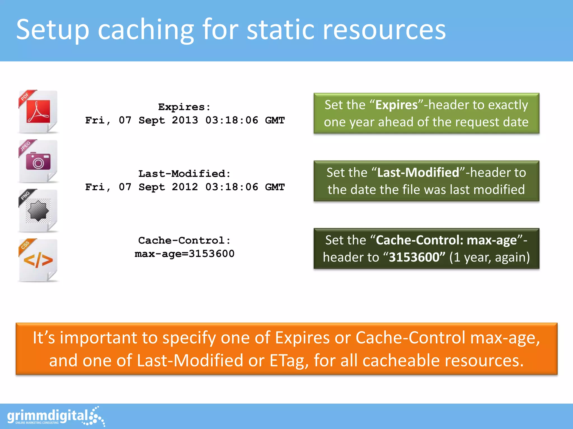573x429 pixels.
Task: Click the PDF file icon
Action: click(x=38, y=112)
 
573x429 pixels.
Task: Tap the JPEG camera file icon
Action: click(x=38, y=161)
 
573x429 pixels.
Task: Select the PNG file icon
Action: click(x=38, y=211)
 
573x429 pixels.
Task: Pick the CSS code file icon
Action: click(x=38, y=260)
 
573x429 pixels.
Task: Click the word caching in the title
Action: click(x=145, y=30)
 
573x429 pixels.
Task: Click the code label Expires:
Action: click(x=184, y=107)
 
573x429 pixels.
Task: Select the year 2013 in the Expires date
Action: click(x=185, y=120)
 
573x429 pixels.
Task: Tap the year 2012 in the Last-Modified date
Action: click(x=185, y=187)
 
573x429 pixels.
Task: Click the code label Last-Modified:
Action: click(x=184, y=174)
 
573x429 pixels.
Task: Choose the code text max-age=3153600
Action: click(x=184, y=254)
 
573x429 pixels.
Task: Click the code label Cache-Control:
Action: click(x=184, y=240)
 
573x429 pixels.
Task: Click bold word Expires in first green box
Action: click(x=396, y=105)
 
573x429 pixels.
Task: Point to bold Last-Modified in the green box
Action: click(x=418, y=173)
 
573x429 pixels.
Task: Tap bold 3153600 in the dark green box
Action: click(x=414, y=257)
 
